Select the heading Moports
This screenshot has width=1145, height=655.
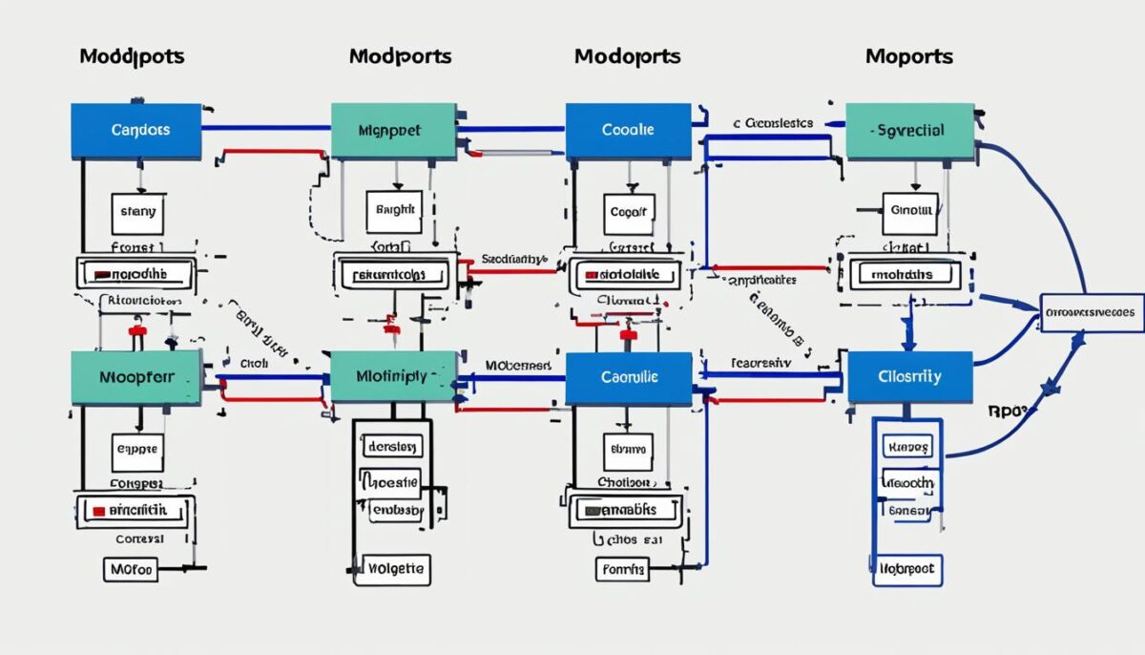pyautogui.click(x=908, y=56)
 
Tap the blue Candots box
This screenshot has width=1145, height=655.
pyautogui.click(x=136, y=131)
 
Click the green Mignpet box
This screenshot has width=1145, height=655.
pyautogui.click(x=393, y=131)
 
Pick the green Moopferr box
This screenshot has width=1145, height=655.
pyautogui.click(x=136, y=376)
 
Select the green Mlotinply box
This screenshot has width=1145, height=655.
pyautogui.click(x=393, y=376)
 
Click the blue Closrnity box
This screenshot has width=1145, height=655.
pyautogui.click(x=908, y=376)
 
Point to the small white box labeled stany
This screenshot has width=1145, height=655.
pyautogui.click(x=138, y=213)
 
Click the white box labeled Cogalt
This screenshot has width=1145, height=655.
pyautogui.click(x=628, y=212)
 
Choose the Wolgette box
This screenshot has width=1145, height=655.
pyautogui.click(x=393, y=570)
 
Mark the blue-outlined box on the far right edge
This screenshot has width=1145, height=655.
pyautogui.click(x=1091, y=312)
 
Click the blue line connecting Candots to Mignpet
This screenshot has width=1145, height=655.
pyautogui.click(x=265, y=128)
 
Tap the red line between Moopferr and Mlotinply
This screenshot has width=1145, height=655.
pyautogui.click(x=273, y=392)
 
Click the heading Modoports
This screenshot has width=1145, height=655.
pyautogui.click(x=627, y=56)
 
